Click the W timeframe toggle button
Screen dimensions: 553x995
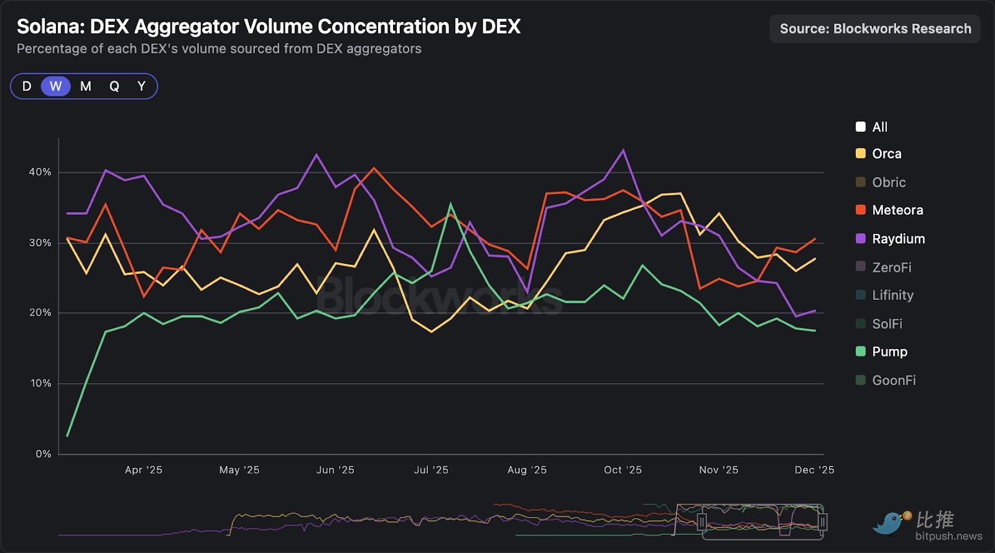click(56, 86)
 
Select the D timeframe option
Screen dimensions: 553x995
click(27, 86)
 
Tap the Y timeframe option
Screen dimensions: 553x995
click(141, 86)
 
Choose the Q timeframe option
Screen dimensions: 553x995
click(114, 86)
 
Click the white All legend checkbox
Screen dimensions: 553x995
click(861, 127)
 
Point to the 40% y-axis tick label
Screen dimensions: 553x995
click(40, 172)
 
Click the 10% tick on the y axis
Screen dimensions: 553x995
click(40, 383)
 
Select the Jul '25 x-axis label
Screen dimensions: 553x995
click(431, 470)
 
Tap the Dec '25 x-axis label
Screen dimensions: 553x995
click(814, 470)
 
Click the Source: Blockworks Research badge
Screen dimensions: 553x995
click(875, 29)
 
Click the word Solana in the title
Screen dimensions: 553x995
click(50, 27)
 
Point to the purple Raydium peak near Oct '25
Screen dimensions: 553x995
click(623, 150)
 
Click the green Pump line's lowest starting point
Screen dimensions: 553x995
click(67, 435)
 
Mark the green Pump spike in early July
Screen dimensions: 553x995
click(451, 204)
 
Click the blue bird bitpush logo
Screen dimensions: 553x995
click(891, 523)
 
